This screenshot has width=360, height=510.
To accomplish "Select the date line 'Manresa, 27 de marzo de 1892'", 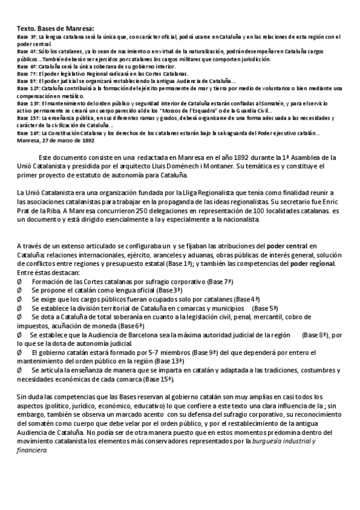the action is pyautogui.click(x=55, y=140).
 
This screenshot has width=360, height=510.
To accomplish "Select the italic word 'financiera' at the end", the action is pyautogui.click(x=32, y=450).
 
